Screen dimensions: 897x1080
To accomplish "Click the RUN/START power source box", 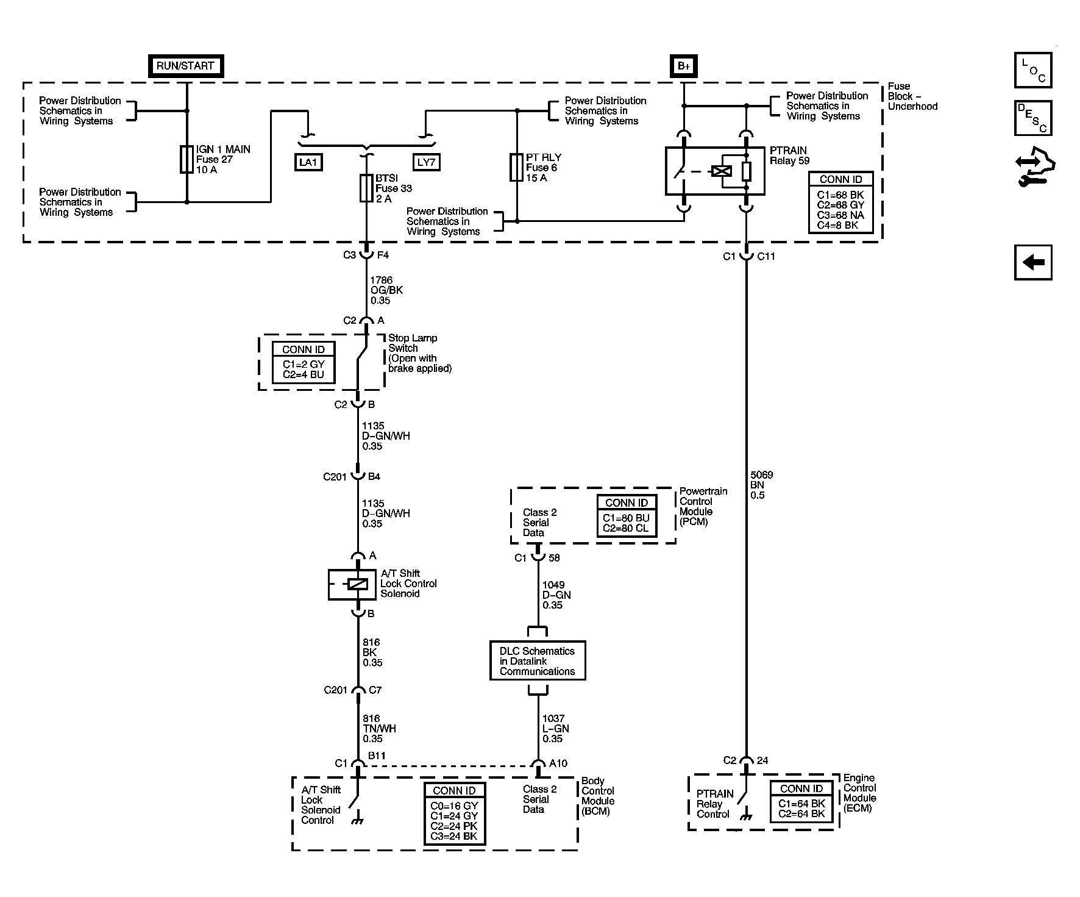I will click(186, 66).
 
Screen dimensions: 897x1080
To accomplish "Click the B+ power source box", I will click(684, 66).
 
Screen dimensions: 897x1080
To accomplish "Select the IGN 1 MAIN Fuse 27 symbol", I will click(187, 159).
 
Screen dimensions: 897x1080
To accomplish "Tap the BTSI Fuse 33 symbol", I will click(366, 188).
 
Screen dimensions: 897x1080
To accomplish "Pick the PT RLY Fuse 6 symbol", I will click(516, 167).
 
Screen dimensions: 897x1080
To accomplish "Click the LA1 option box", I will click(308, 162).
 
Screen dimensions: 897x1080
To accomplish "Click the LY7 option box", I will click(426, 162).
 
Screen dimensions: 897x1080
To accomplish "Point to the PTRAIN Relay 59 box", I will click(714, 171).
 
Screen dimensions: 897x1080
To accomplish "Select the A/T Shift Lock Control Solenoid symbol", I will click(352, 584).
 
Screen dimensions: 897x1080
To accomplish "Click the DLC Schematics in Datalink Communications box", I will click(538, 661).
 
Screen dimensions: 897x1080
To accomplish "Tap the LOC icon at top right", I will click(1032, 70).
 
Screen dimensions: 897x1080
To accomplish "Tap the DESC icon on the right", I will click(1032, 118).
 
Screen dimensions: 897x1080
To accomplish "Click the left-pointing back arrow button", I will click(1032, 263).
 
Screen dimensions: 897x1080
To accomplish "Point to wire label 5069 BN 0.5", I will click(761, 485).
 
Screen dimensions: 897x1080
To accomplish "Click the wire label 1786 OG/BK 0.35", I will click(386, 290).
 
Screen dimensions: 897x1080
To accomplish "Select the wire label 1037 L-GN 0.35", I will click(555, 729).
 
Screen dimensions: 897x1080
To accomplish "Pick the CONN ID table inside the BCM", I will click(455, 813).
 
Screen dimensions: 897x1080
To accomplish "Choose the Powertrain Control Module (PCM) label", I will click(703, 506).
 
